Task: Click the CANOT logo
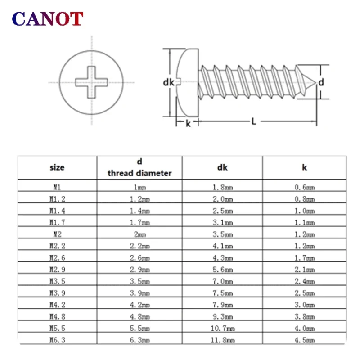48,18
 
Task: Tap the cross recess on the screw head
92,82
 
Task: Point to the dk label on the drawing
168,82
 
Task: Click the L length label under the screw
253,121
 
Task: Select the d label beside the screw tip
321,82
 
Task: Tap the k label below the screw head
188,123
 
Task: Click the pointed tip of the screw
315,82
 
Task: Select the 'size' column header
57,167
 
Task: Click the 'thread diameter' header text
139,173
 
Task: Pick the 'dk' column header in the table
222,167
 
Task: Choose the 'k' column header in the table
305,167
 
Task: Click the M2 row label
58,234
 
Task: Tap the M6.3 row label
58,340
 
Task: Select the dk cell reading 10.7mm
223,328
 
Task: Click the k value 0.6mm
305,187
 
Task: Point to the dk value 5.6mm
223,269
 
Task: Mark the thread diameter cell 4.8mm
140,316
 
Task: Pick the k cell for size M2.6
305,257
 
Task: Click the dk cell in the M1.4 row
223,211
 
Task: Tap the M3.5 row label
58,281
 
